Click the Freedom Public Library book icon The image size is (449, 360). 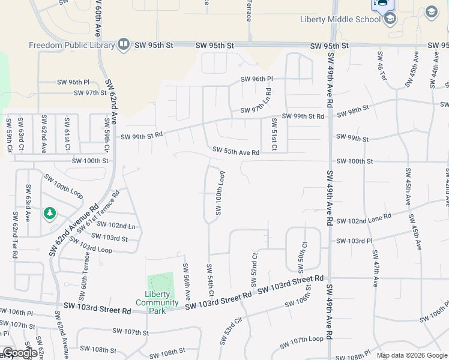123,44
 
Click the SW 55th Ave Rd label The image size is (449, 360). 235,152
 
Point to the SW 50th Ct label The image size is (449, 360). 304,255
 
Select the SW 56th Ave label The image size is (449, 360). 187,281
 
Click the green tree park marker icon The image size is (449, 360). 49,213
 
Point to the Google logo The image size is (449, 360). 19,353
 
